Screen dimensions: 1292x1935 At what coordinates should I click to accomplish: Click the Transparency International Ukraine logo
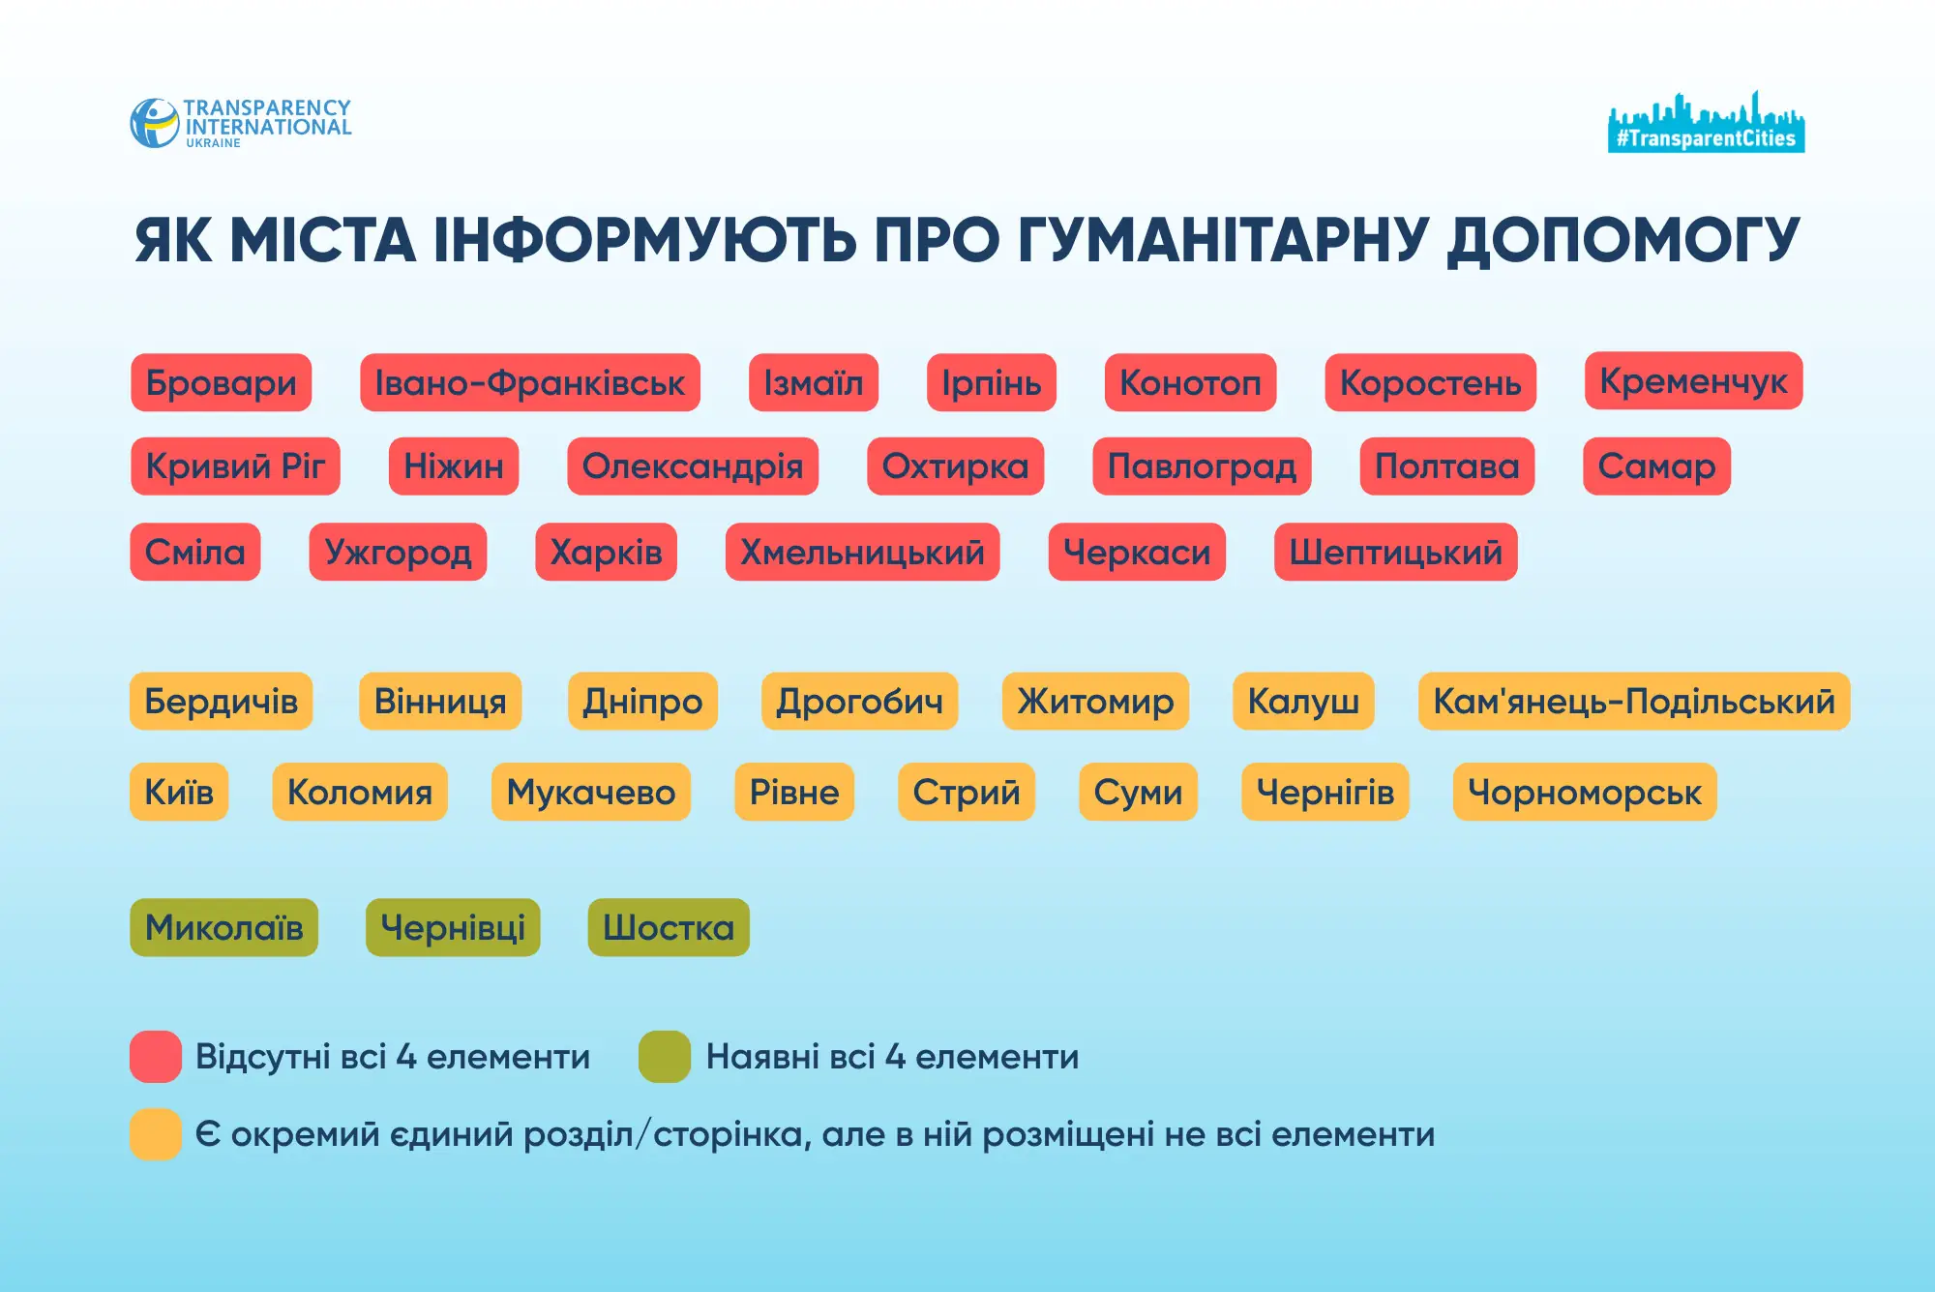click(241, 123)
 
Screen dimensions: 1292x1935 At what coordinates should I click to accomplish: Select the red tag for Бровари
click(221, 383)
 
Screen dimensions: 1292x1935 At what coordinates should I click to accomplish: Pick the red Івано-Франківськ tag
click(530, 383)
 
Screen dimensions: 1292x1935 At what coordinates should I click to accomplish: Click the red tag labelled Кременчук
click(1693, 381)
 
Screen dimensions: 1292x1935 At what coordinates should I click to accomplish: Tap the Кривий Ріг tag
click(235, 466)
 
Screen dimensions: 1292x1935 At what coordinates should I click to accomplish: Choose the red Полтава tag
click(1446, 466)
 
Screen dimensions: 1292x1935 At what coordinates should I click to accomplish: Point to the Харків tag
click(606, 553)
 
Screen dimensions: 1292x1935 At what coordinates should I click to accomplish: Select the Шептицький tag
click(1395, 553)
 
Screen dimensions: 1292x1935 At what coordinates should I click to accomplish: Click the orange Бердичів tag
click(221, 701)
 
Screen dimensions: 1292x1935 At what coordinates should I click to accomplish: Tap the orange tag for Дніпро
click(642, 701)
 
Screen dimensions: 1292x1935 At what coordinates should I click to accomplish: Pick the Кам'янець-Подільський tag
click(1633, 701)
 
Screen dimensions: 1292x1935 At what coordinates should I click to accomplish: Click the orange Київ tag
click(179, 793)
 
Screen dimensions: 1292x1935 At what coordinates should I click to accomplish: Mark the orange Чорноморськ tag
click(1584, 793)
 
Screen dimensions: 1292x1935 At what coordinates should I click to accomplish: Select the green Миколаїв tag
click(223, 927)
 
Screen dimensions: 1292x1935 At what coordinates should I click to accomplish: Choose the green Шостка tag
click(669, 927)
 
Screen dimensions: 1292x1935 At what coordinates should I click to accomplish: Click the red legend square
click(156, 1056)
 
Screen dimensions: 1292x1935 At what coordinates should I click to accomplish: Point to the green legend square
click(665, 1056)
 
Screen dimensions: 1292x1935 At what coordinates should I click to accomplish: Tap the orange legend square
click(156, 1133)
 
